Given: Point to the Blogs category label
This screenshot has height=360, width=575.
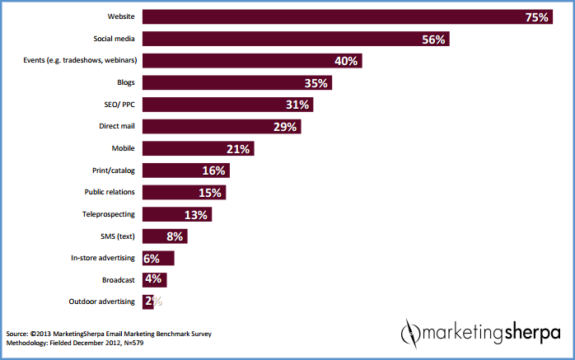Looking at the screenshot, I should point(126,82).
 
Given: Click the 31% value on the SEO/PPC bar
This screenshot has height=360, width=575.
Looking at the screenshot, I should point(297,105).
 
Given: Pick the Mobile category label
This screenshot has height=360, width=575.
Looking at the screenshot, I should point(124,148).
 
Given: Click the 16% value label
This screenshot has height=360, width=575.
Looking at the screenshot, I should point(213,171).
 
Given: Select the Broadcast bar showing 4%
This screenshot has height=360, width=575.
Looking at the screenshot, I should point(155,279).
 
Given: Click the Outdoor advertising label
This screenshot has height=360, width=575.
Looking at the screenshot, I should point(102,302).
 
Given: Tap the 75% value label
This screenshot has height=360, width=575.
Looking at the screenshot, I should point(536,16).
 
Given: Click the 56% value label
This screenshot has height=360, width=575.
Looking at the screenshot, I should point(433,39).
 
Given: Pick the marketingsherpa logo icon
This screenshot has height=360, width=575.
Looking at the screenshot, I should point(410,333).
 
